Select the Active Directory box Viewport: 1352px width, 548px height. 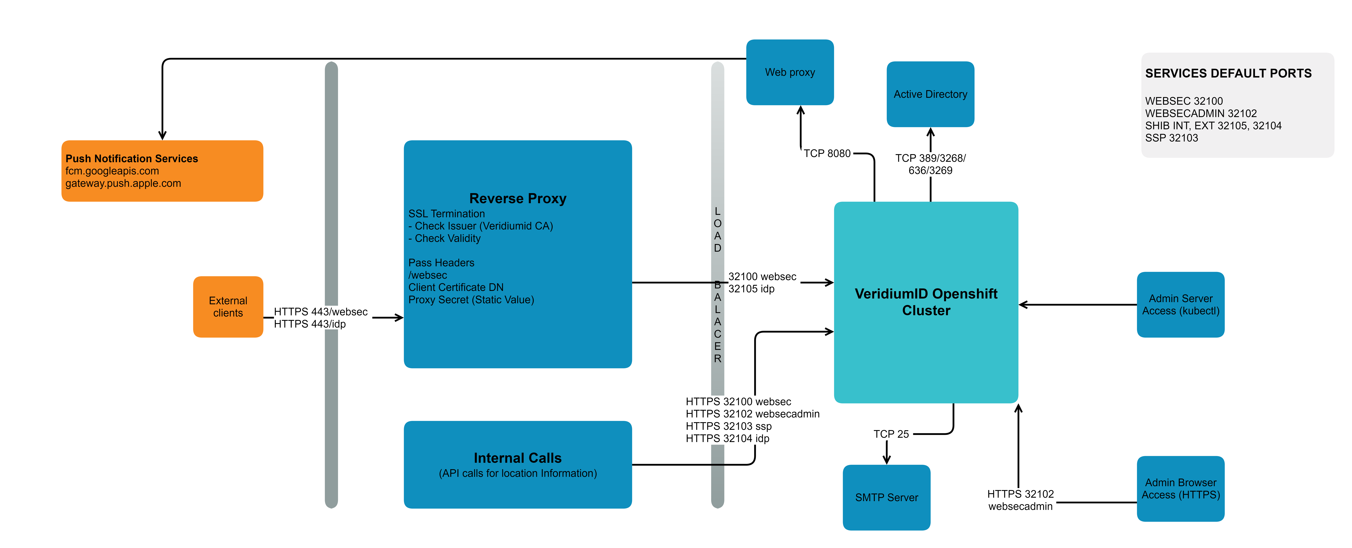pyautogui.click(x=930, y=94)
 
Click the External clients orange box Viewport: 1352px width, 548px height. pyautogui.click(x=228, y=307)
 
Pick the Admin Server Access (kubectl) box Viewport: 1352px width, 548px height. pyautogui.click(x=1180, y=305)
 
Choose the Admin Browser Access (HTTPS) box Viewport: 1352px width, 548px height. pyautogui.click(x=1180, y=489)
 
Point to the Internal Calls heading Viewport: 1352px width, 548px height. pyautogui.click(x=518, y=458)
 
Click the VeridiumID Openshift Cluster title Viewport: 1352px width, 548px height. pyautogui.click(x=926, y=302)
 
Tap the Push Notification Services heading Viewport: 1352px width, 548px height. pyautogui.click(x=132, y=158)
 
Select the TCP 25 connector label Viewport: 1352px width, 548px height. pyautogui.click(x=891, y=434)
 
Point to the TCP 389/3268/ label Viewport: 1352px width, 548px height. pyautogui.click(x=930, y=158)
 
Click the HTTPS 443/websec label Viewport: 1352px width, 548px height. pyautogui.click(x=321, y=311)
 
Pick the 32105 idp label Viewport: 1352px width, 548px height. pyautogui.click(x=751, y=289)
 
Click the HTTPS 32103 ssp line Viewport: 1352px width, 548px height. pyautogui.click(x=728, y=426)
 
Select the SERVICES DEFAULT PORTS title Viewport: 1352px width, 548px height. pyautogui.click(x=1228, y=73)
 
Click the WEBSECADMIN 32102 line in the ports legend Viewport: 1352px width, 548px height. pyautogui.click(x=1201, y=113)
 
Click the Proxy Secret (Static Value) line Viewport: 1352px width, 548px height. pyautogui.click(x=471, y=300)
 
